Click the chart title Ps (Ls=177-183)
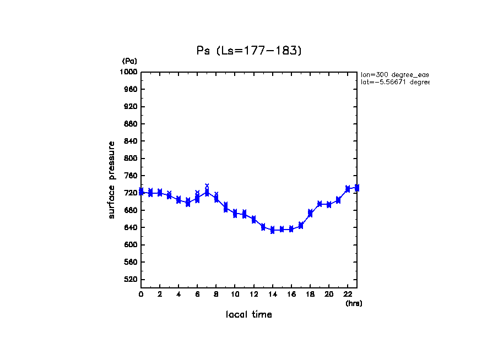coord(249,51)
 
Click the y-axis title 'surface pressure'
coord(112,179)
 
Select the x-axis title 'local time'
coord(249,315)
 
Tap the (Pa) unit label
coord(129,61)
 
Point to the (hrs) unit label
coord(354,303)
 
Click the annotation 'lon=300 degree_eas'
coord(394,74)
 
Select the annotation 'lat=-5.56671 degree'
coord(394,82)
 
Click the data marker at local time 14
coord(272,230)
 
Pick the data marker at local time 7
coord(207,192)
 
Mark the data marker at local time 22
coord(348,189)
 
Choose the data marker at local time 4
coord(178,200)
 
